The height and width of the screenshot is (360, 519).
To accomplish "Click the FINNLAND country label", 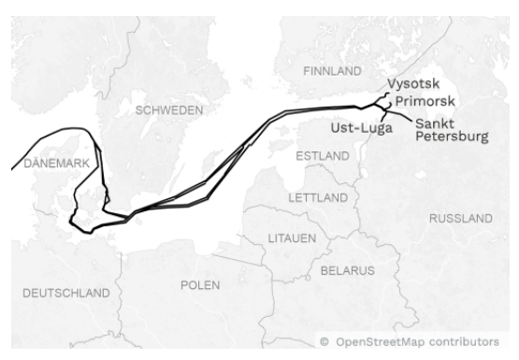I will (x=332, y=71).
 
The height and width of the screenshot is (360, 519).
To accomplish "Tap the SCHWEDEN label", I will (x=169, y=109).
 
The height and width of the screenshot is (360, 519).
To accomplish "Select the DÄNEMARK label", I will (x=55, y=163).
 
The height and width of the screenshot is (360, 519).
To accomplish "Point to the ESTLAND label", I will (x=323, y=156).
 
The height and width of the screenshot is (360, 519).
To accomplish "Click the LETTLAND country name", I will (x=318, y=198).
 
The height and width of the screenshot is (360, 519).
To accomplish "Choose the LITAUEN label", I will (x=293, y=238).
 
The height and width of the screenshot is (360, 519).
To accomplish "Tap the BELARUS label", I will (x=347, y=270).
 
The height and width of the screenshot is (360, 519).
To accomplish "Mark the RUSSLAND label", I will (x=460, y=218).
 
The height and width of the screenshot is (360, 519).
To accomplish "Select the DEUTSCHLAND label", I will (x=65, y=293).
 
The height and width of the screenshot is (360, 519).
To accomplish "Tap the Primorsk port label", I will (x=425, y=101).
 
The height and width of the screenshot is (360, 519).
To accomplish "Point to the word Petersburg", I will (x=451, y=137).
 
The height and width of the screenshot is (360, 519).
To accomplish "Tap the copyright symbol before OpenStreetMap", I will (x=324, y=342).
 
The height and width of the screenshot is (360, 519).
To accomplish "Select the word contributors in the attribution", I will (x=466, y=342).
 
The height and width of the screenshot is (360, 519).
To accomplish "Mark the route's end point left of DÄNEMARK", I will (x=11, y=169).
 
